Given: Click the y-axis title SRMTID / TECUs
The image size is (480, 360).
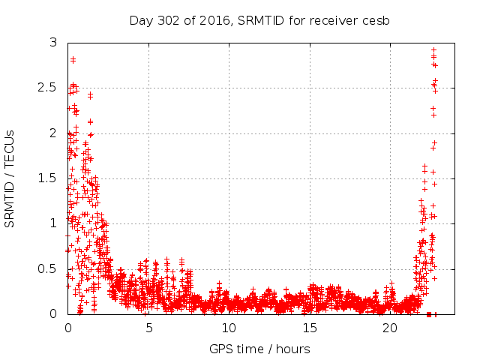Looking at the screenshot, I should click(10, 178).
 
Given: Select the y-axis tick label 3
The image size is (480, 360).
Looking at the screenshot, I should click(53, 43).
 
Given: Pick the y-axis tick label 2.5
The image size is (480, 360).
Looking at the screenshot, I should click(47, 88).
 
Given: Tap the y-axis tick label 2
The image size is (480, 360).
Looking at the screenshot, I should click(53, 133).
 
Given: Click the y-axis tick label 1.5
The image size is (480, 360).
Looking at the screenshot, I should click(47, 178).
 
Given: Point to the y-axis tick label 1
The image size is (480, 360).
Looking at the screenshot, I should click(53, 223).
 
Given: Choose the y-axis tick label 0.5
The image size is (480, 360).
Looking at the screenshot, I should click(47, 268).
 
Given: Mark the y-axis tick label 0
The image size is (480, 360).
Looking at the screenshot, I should click(53, 313).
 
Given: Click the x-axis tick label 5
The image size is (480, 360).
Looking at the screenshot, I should click(148, 328).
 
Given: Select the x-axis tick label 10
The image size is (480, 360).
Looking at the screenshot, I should click(229, 328).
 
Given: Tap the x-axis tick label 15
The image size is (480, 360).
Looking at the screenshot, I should click(309, 328).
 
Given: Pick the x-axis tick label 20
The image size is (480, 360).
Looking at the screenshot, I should click(389, 328).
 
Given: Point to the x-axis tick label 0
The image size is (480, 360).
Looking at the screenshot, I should click(67, 328).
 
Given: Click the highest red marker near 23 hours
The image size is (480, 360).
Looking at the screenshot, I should click(433, 50).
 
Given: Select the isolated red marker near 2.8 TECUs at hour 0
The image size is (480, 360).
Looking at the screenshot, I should click(73, 59).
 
